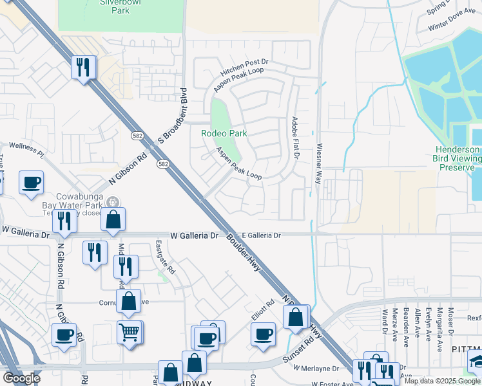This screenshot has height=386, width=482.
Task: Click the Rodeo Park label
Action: tap(224, 133)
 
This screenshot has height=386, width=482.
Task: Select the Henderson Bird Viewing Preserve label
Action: tap(457, 158)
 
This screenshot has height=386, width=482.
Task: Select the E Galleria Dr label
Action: tap(261, 236)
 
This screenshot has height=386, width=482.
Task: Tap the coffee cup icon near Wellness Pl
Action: tap(31, 183)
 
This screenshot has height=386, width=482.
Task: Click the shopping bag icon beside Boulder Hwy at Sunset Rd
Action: tap(296, 317)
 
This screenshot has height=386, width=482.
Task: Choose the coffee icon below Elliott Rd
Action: tap(263, 335)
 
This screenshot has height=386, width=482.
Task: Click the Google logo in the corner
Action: tap(22, 378)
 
